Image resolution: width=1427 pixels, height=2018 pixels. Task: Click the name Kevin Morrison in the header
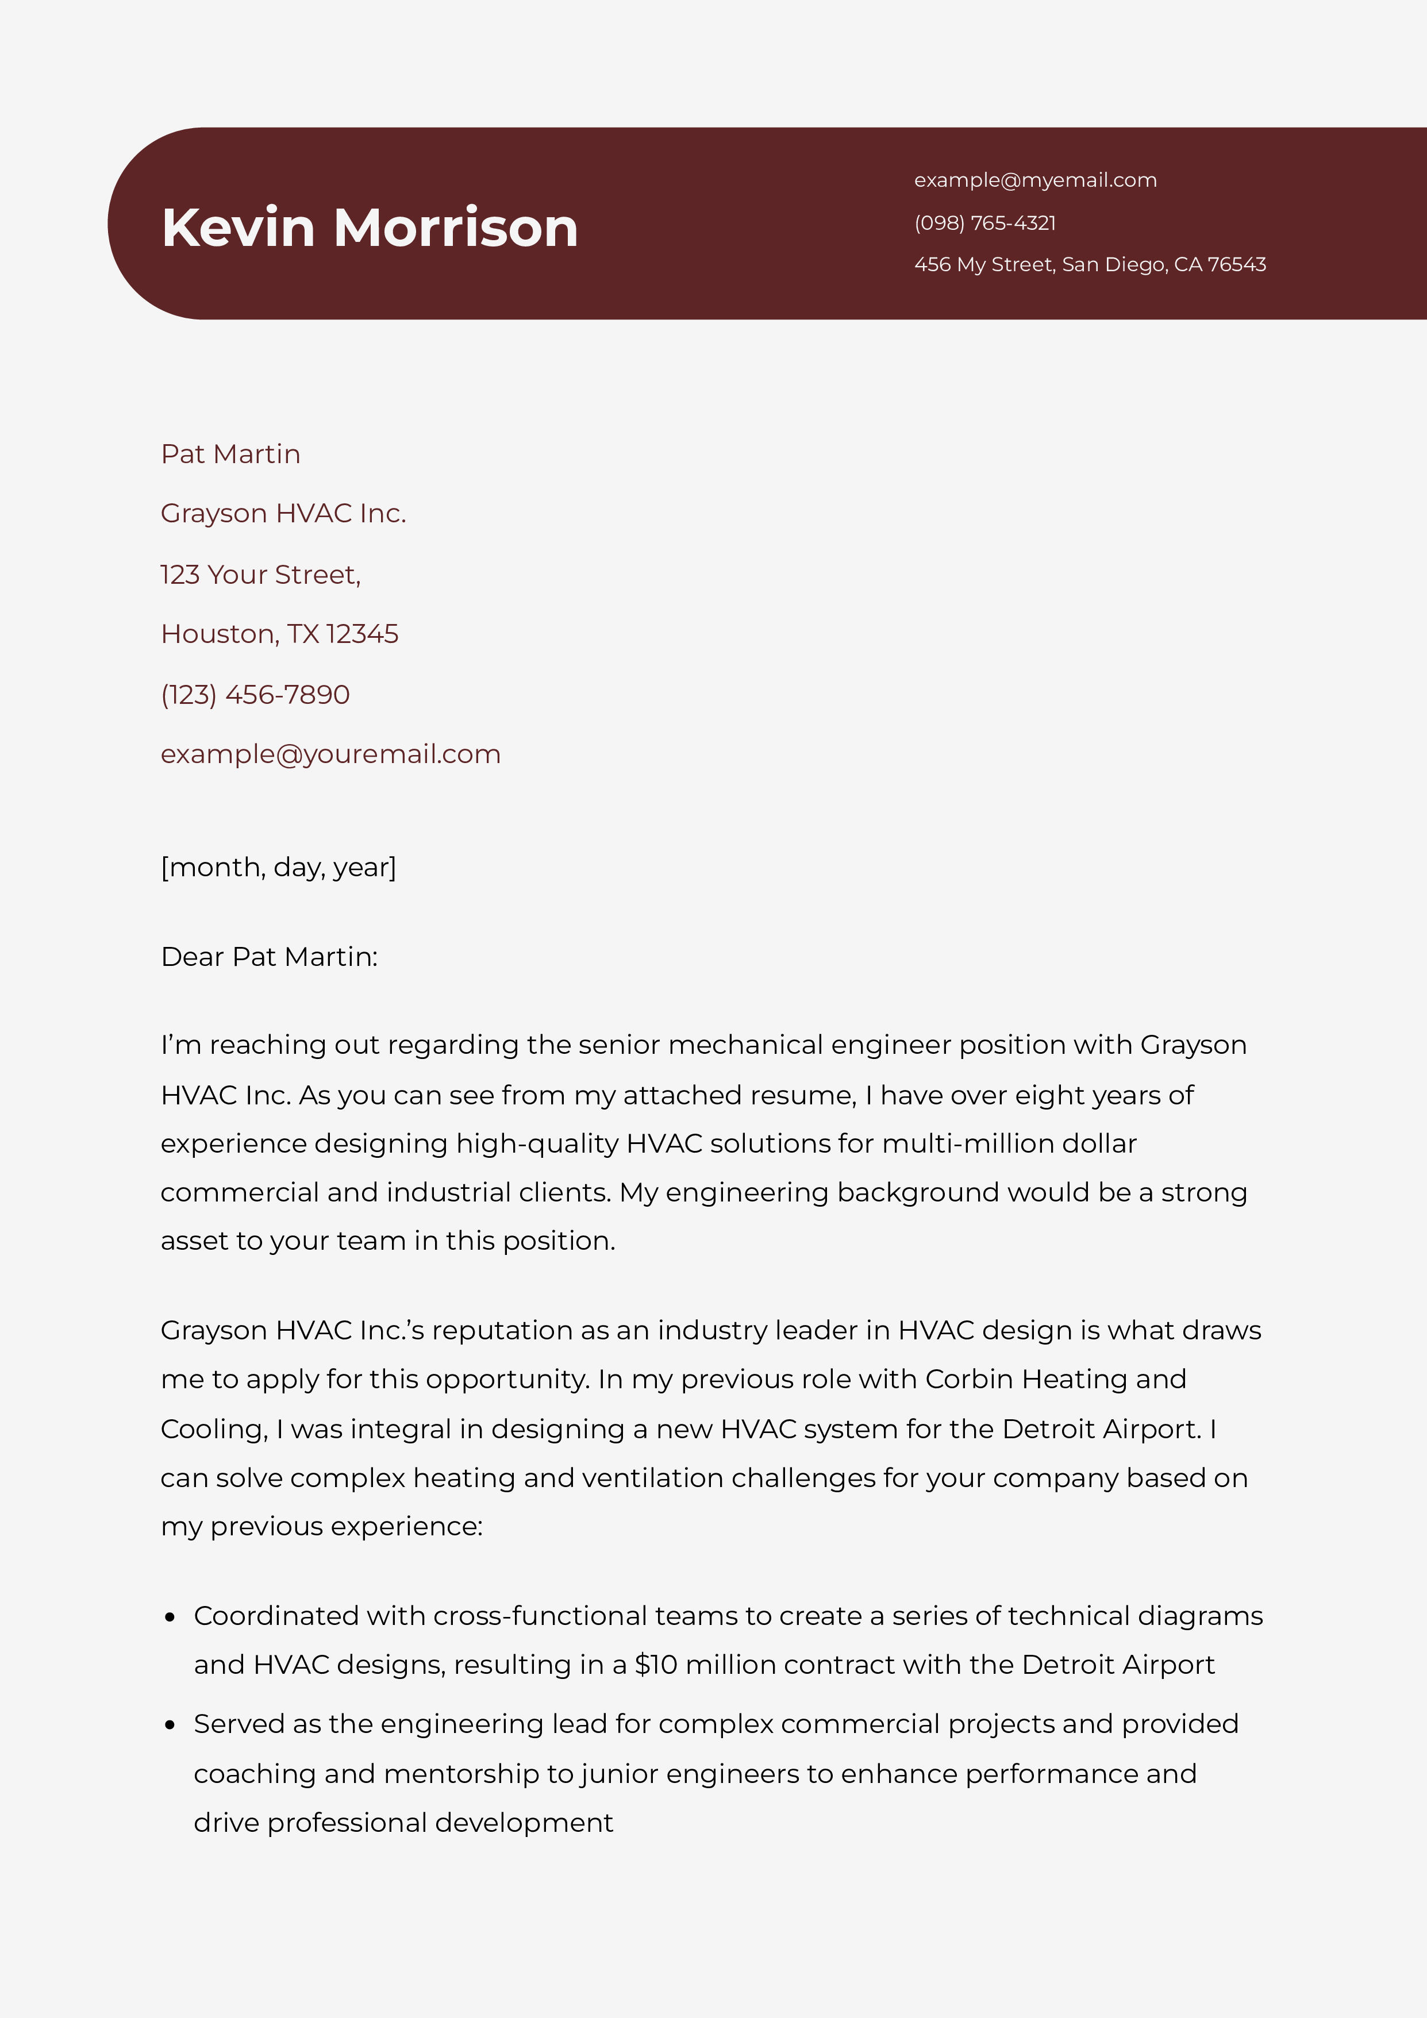(370, 228)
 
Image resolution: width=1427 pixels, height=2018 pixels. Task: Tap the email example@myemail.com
(1035, 180)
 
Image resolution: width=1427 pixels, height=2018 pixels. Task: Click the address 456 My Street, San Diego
(1090, 264)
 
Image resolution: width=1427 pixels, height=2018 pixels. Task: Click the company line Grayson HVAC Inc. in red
(283, 513)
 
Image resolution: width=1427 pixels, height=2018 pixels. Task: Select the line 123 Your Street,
(260, 574)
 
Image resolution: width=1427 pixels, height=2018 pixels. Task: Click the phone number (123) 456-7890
(255, 694)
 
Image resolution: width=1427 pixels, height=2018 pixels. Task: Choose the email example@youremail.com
(330, 754)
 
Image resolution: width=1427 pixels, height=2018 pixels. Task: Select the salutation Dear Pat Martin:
(269, 956)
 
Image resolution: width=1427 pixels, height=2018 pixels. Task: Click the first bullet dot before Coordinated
(171, 1617)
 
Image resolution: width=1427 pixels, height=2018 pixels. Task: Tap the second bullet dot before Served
(171, 1726)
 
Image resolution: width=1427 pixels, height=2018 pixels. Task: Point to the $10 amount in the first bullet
(656, 1665)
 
